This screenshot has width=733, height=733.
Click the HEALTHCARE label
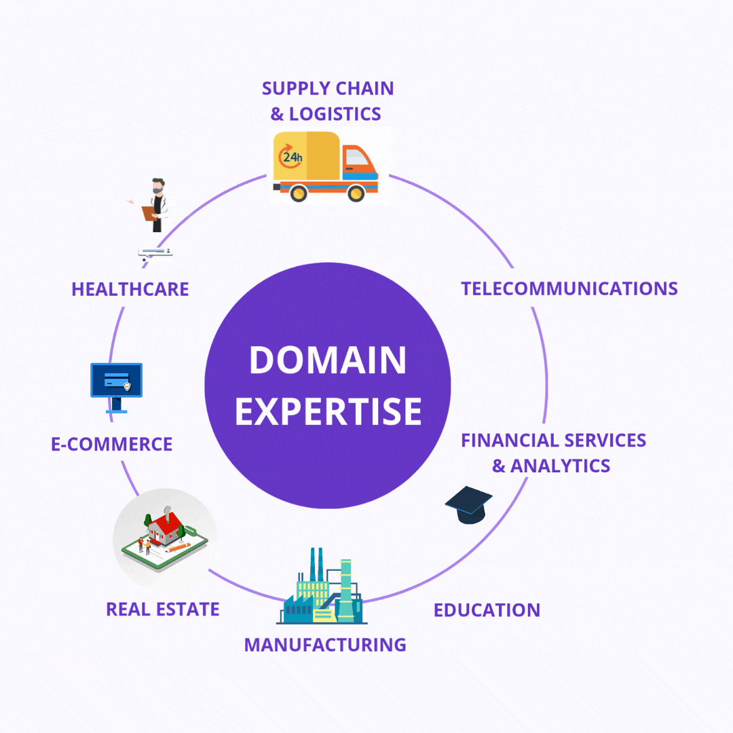(130, 289)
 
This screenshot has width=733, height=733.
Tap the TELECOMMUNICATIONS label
(569, 288)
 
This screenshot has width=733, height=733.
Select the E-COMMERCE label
(112, 444)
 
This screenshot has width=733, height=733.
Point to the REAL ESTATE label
(163, 609)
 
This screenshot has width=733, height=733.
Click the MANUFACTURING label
(325, 645)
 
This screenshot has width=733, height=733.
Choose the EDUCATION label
(487, 610)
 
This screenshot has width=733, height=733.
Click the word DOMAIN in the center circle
(328, 360)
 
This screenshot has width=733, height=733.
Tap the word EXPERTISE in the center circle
(328, 411)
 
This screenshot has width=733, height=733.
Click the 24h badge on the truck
(290, 157)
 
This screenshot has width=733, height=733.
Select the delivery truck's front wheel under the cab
(356, 193)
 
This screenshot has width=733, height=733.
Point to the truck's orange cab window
(358, 157)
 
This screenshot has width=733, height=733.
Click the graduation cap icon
(469, 505)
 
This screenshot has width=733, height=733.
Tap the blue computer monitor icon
(117, 388)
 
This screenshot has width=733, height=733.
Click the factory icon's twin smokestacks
(316, 565)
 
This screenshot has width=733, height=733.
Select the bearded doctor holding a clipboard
(155, 205)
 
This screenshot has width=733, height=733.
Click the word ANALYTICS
(560, 466)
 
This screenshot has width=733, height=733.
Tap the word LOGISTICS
(335, 114)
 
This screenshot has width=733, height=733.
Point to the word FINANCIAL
(510, 440)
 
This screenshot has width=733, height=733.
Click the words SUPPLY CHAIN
(328, 88)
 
